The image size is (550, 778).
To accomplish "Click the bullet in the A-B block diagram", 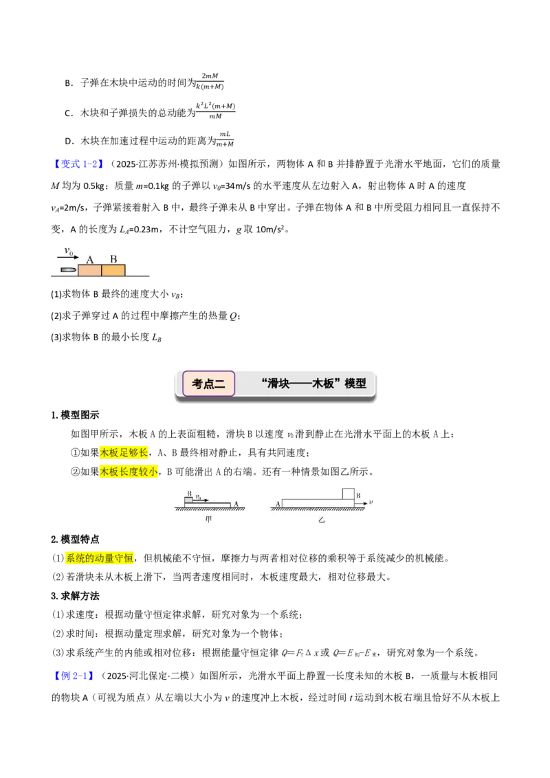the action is click(x=69, y=270).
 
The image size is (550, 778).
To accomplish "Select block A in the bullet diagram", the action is click(x=89, y=270).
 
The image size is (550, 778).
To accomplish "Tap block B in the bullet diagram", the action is click(x=113, y=270).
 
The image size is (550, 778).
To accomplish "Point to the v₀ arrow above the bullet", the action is click(x=68, y=257).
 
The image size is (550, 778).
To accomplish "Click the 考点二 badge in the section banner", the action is click(x=208, y=384).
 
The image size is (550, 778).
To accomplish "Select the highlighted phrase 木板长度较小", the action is click(x=129, y=471).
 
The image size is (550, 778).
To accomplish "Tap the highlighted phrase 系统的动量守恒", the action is click(x=100, y=558).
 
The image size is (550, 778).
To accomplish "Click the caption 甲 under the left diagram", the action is click(x=208, y=520).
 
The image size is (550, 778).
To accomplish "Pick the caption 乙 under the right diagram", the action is click(x=322, y=520).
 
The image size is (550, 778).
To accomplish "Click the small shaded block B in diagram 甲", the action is click(x=188, y=500).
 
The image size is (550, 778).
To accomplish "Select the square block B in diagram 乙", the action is click(x=349, y=494).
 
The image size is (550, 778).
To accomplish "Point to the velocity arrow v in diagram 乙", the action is click(x=361, y=503).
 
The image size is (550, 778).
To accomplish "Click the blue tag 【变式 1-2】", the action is click(x=78, y=164).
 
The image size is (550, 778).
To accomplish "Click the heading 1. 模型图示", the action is click(x=75, y=415).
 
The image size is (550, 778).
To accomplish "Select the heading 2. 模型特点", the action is click(x=75, y=540).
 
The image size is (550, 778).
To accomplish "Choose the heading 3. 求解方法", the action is click(x=75, y=596).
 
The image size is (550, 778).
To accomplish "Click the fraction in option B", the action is click(x=210, y=81).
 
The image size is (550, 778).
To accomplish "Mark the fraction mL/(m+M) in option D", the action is click(x=225, y=140).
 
